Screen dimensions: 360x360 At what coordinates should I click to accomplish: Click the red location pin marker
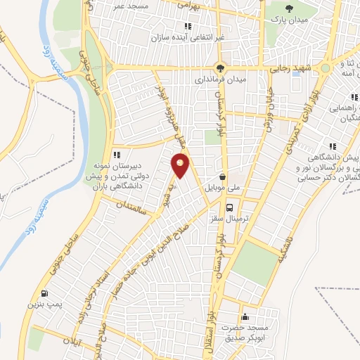tap(181, 165)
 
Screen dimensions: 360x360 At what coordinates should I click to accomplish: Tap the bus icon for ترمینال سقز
tap(230, 207)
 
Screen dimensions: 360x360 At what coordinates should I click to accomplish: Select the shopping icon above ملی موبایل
tap(223, 177)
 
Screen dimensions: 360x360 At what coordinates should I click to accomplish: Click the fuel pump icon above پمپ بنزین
tap(45, 293)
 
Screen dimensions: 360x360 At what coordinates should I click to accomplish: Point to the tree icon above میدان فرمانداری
tap(221, 68)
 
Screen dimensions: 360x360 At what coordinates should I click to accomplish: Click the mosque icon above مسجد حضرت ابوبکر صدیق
tap(244, 316)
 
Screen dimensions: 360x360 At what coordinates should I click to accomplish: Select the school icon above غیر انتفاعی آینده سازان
tap(188, 26)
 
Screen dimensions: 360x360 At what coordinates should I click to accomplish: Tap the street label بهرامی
tap(188, 5)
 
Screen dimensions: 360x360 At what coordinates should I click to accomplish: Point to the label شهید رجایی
tap(288, 69)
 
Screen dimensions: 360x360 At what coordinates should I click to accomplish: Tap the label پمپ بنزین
tap(41, 305)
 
